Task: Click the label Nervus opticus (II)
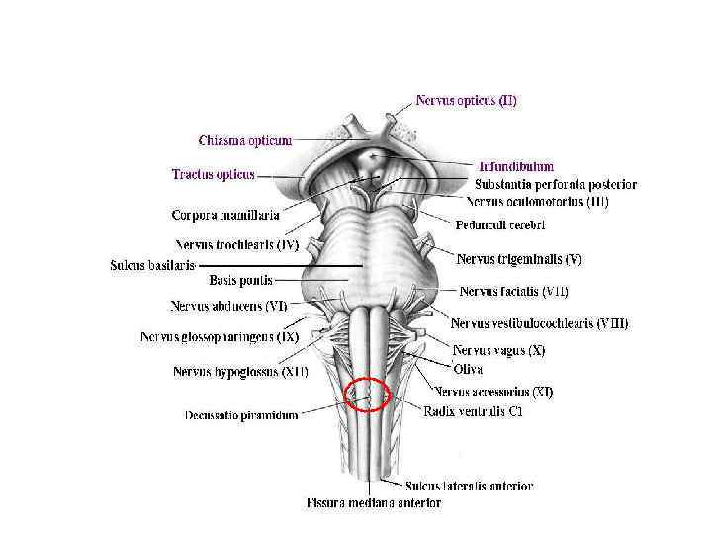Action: pyautogui.click(x=466, y=100)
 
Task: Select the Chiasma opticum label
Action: pyautogui.click(x=244, y=140)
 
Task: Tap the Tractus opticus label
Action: pyautogui.click(x=213, y=174)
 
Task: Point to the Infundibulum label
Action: pyautogui.click(x=516, y=166)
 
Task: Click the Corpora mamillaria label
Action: pyautogui.click(x=224, y=214)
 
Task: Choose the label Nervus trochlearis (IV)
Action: pyautogui.click(x=236, y=244)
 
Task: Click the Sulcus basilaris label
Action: pyautogui.click(x=152, y=265)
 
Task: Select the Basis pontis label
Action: pyautogui.click(x=240, y=281)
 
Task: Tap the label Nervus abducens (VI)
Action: pyautogui.click(x=228, y=307)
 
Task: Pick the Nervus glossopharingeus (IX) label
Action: pyautogui.click(x=219, y=337)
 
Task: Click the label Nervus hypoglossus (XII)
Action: pyautogui.click(x=240, y=372)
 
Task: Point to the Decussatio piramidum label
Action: pyautogui.click(x=241, y=415)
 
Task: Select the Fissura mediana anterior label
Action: pyautogui.click(x=373, y=502)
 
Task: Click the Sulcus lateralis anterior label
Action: pyautogui.click(x=469, y=486)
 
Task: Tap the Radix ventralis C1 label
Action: pyautogui.click(x=473, y=411)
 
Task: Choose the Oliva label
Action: pyautogui.click(x=467, y=369)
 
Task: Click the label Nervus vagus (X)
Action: pyautogui.click(x=498, y=350)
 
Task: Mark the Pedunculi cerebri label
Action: pyautogui.click(x=500, y=225)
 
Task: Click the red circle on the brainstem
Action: pyautogui.click(x=368, y=396)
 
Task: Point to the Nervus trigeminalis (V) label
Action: pyautogui.click(x=519, y=259)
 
